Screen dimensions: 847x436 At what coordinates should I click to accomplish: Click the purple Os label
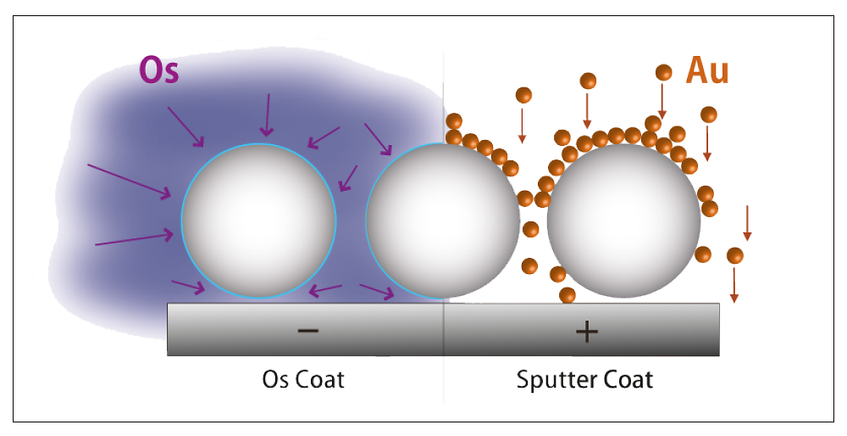tap(158, 70)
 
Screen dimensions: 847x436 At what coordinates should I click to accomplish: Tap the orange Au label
tap(707, 70)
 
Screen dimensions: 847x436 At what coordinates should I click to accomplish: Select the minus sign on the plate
tap(308, 329)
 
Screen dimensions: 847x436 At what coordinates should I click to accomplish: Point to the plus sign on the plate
tap(587, 330)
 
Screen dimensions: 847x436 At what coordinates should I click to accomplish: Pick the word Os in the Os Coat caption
tap(274, 379)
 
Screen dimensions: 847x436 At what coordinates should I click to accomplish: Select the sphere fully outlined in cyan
tap(258, 221)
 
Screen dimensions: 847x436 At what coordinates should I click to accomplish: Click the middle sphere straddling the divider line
tap(442, 221)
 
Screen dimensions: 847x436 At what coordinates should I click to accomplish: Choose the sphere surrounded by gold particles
tap(624, 221)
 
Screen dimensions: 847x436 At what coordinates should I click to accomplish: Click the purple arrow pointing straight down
tap(267, 115)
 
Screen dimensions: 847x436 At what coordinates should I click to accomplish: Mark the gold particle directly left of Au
tap(663, 72)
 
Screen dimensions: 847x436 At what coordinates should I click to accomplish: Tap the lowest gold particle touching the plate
tap(567, 295)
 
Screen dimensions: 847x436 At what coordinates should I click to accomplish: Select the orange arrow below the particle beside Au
tap(662, 101)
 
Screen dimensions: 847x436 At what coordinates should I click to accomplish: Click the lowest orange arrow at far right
tap(734, 285)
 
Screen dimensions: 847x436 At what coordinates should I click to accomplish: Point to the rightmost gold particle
tap(734, 255)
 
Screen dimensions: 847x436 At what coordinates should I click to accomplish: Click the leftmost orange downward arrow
tap(522, 126)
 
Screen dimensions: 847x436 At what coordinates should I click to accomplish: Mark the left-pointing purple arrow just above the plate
tap(325, 290)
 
